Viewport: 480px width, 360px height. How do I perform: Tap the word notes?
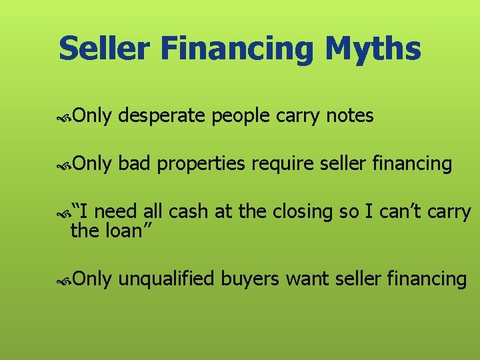350,117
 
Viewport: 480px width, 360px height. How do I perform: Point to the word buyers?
249,279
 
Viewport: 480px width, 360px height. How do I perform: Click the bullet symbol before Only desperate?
65,117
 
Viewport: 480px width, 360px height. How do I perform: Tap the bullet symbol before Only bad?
65,165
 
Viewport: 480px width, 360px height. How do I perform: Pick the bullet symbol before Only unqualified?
65,280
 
